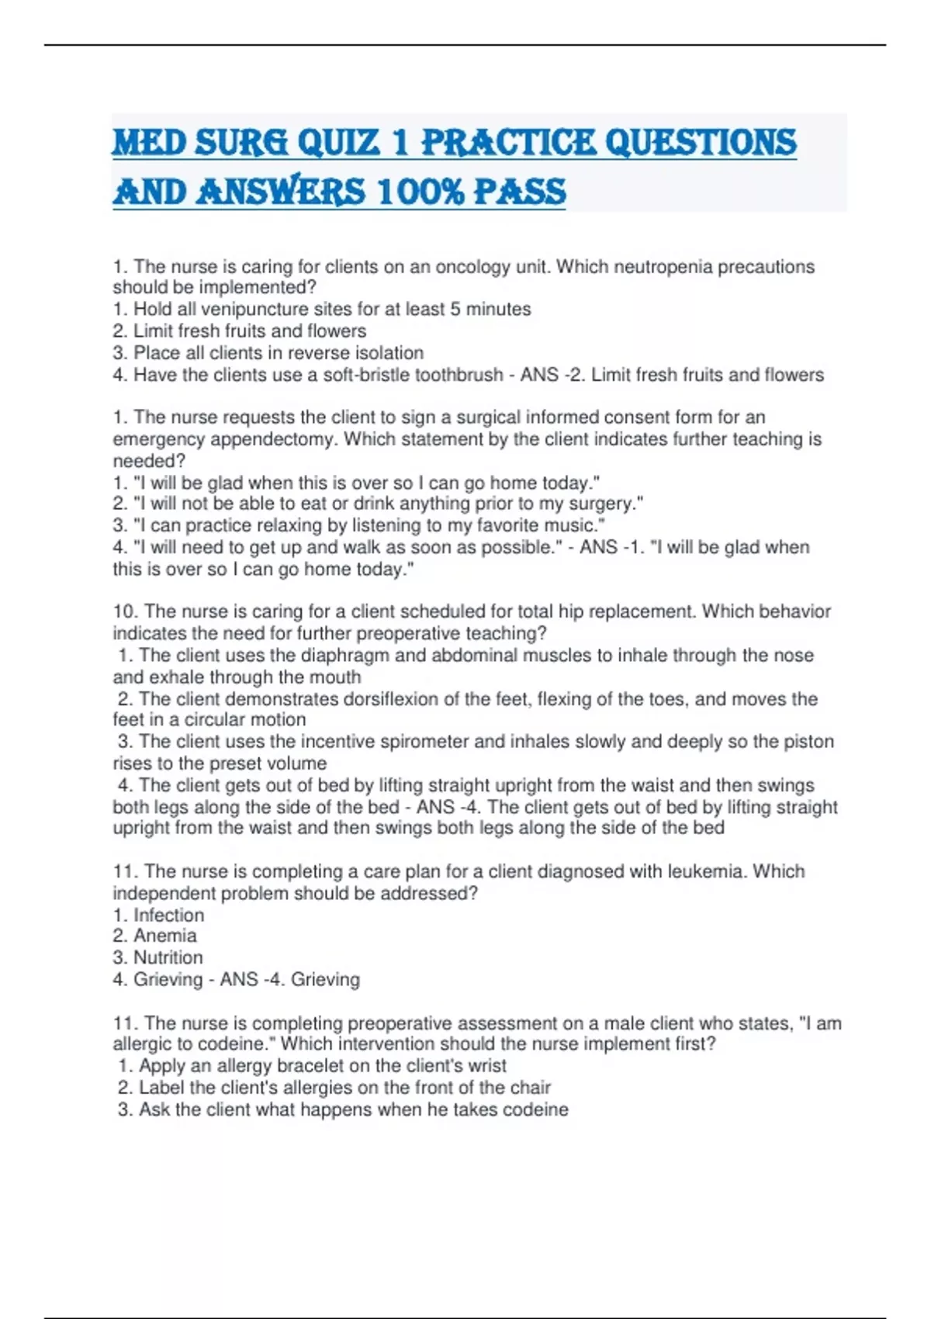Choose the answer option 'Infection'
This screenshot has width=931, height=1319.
click(x=168, y=916)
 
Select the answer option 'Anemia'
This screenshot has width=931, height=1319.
click(x=164, y=936)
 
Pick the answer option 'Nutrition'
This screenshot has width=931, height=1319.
click(x=168, y=957)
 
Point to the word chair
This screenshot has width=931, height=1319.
click(x=531, y=1088)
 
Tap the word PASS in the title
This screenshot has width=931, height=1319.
click(x=520, y=192)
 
